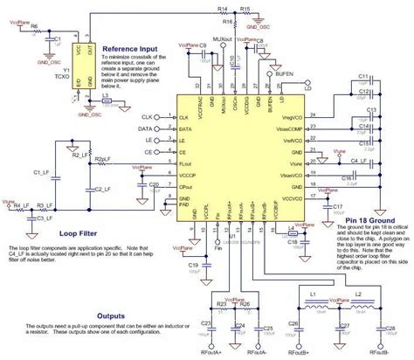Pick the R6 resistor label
(x=33, y=28)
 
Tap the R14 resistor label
(x=224, y=7)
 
